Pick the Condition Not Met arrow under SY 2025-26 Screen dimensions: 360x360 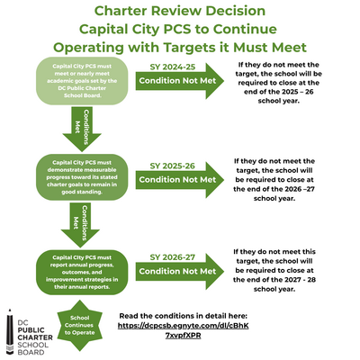176,180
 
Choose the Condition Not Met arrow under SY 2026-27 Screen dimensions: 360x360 176,270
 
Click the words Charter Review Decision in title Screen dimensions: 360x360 180,12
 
